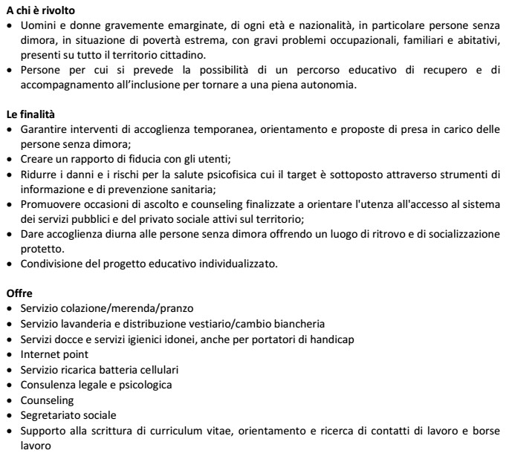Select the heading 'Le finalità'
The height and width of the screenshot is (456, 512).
pyautogui.click(x=29, y=115)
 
